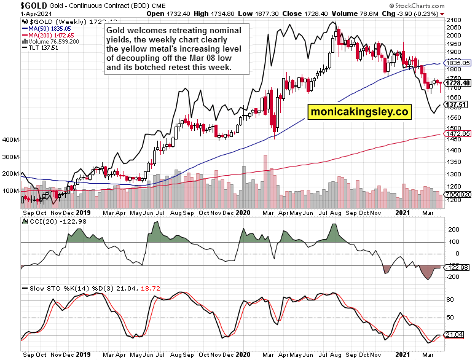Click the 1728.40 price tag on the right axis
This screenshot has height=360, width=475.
click(x=458, y=83)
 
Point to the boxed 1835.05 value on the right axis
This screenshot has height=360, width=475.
click(x=458, y=63)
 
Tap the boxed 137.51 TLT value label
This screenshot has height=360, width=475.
click(x=457, y=105)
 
